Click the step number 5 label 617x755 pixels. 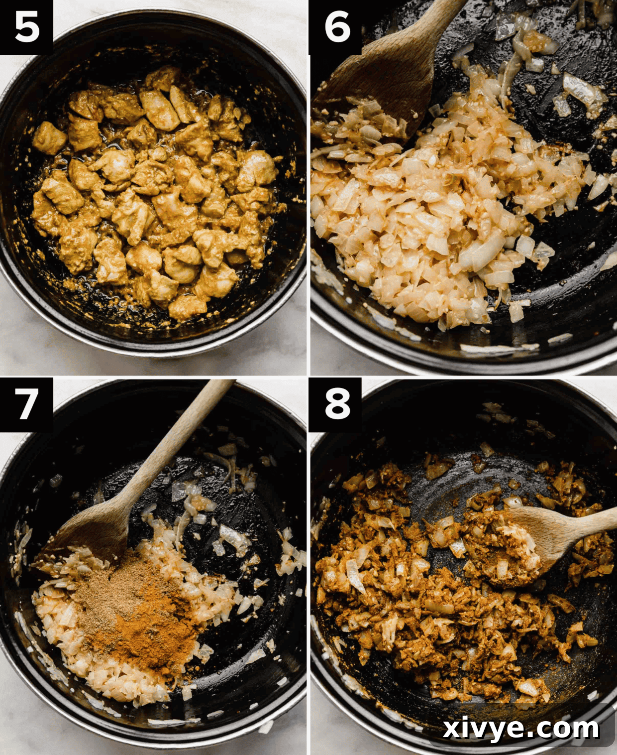26,27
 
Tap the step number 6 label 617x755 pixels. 336,27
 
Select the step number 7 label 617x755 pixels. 26,403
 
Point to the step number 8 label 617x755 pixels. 336,403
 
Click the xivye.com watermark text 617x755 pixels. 520,729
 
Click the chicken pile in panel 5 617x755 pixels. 154,194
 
